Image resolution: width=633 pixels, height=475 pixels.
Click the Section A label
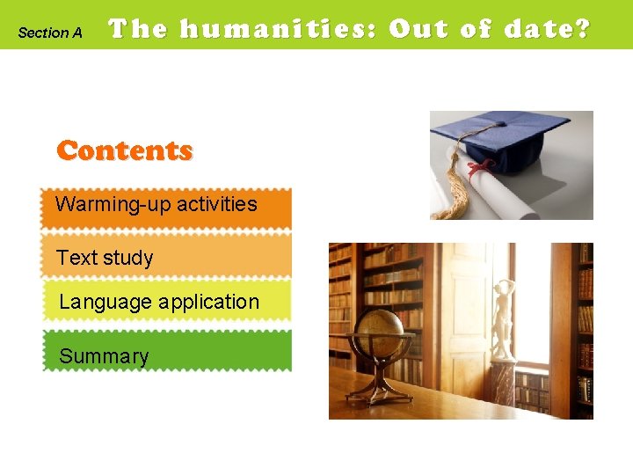(50, 33)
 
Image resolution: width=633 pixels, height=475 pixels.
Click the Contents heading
(124, 150)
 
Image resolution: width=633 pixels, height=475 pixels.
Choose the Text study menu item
(165, 257)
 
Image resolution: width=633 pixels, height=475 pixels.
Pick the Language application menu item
(165, 302)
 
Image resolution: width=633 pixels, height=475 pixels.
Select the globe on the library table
(381, 332)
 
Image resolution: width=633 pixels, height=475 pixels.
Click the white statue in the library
(502, 317)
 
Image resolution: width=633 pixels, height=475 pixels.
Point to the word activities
(216, 204)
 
